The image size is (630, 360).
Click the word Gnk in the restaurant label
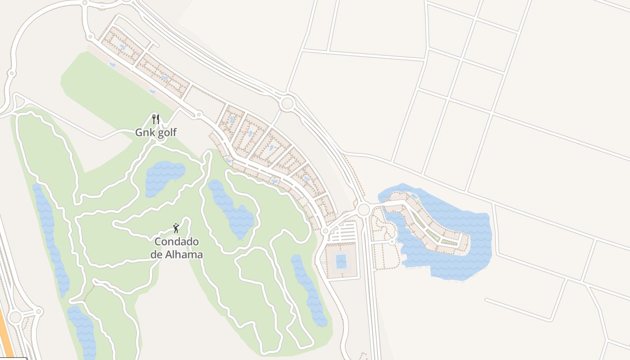(x=145, y=133)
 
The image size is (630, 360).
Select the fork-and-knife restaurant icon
(x=156, y=119)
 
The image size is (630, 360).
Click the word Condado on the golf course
(x=176, y=242)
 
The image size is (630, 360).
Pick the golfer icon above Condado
(x=176, y=228)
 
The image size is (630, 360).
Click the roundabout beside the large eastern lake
(x=364, y=209)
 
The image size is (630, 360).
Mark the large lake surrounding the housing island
(x=459, y=261)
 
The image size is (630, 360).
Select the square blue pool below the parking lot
(x=341, y=261)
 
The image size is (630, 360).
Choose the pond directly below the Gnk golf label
(x=165, y=177)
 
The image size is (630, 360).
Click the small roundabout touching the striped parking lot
(x=325, y=231)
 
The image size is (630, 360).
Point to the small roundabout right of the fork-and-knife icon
(x=198, y=115)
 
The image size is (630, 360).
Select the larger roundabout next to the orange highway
(x=15, y=317)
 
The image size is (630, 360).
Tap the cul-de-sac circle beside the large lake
(x=392, y=242)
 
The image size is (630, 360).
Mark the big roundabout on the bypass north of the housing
(x=287, y=103)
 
